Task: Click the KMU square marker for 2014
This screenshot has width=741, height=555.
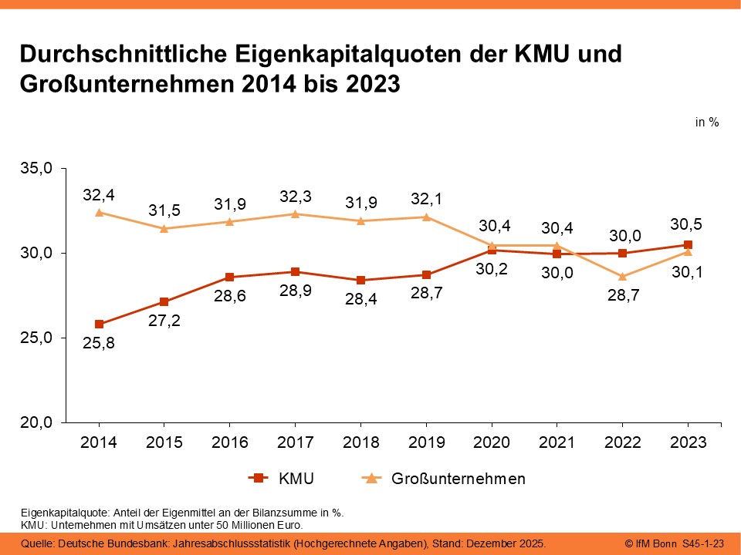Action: [x=99, y=324]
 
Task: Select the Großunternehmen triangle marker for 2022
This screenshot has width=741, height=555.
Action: [x=623, y=276]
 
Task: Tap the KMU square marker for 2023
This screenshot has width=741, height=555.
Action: [x=689, y=244]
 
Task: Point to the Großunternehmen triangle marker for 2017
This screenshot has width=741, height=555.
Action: [x=295, y=214]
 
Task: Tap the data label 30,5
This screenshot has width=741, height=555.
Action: [x=687, y=225]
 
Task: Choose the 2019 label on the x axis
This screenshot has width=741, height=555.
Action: [x=426, y=442]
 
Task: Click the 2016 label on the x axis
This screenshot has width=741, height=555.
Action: [x=230, y=442]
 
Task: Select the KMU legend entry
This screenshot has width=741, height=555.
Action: [x=283, y=479]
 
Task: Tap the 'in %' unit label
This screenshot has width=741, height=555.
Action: [x=707, y=122]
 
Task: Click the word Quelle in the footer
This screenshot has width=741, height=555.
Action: [x=37, y=544]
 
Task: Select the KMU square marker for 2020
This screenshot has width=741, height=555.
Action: [x=492, y=250]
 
